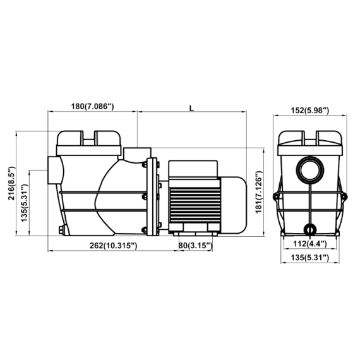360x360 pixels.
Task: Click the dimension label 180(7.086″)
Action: tap(92, 107)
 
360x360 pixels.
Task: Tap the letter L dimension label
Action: tap(191, 109)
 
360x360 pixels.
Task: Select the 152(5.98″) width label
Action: tap(310, 111)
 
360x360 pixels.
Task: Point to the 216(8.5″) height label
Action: tap(11, 183)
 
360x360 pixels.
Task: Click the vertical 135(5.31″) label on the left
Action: tap(25, 203)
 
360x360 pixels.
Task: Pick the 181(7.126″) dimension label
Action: tap(259, 193)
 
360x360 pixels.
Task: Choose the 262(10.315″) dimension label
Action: tap(113, 246)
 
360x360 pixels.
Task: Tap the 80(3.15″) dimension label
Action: tap(195, 246)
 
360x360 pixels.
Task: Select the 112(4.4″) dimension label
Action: tap(309, 244)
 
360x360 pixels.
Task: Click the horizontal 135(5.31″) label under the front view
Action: tap(310, 258)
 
